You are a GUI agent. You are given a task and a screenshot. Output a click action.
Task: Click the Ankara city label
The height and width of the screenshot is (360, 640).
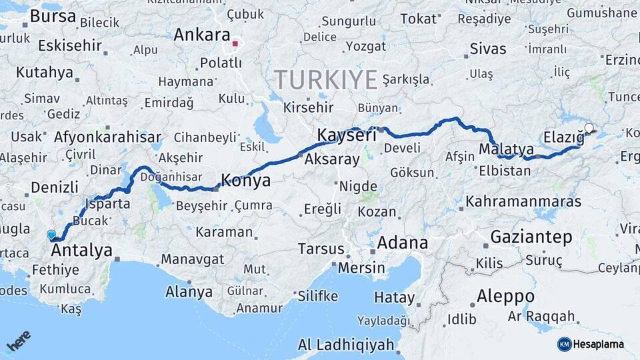click(x=201, y=35)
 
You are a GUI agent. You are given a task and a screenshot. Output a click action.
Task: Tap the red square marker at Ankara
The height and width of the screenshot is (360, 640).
click(x=235, y=45)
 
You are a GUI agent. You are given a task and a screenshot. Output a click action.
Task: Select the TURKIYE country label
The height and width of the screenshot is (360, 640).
click(x=326, y=79)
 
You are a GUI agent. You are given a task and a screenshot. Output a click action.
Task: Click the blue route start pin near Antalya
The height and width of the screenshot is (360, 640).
click(x=51, y=235)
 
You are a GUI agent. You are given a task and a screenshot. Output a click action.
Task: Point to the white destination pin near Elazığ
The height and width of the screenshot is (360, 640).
click(x=589, y=128)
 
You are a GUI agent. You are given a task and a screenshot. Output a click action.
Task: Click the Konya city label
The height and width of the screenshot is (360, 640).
click(x=246, y=181)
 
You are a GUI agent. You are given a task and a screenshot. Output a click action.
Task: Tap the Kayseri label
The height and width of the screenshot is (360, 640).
click(x=346, y=135)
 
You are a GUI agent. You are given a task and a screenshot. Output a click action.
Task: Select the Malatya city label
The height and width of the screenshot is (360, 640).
click(x=507, y=148)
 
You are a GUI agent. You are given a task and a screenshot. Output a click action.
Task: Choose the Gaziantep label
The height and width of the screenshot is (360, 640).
click(x=531, y=237)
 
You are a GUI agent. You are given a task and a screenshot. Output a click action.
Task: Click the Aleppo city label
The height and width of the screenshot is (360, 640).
click(x=505, y=296)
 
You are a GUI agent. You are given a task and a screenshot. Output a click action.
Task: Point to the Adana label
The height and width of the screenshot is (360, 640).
click(x=402, y=243)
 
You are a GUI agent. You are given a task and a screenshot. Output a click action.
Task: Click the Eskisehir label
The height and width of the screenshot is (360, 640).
click(x=70, y=45)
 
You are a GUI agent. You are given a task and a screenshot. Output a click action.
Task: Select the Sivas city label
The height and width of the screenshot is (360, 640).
click(x=488, y=49)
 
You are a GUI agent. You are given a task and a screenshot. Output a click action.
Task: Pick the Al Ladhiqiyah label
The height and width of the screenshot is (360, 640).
click(x=346, y=345)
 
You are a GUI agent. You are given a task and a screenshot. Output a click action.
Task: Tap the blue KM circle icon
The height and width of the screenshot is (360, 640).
click(x=564, y=344)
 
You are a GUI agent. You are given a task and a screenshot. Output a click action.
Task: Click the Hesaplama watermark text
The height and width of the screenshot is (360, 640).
click(x=599, y=344)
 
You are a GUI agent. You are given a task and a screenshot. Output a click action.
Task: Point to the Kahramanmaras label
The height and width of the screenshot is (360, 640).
click(x=523, y=201)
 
